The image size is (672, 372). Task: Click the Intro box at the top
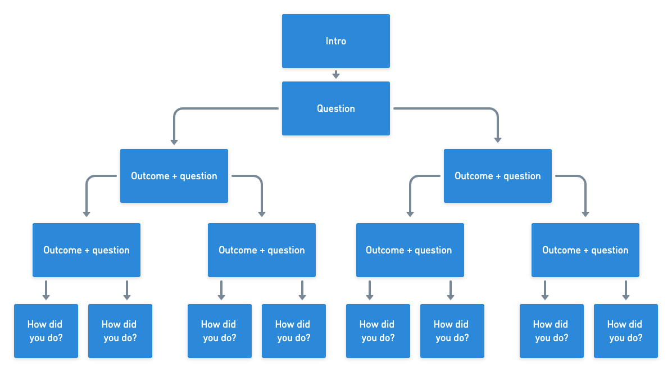tap(335, 41)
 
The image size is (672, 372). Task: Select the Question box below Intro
tap(335, 108)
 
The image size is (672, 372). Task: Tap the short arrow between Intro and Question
tap(335, 75)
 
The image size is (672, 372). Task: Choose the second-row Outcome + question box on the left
tap(174, 176)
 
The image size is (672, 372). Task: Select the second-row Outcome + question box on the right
tap(497, 176)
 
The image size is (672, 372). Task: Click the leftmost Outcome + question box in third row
tap(86, 250)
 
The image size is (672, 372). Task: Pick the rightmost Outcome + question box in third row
tap(585, 250)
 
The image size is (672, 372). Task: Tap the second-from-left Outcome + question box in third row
tap(261, 250)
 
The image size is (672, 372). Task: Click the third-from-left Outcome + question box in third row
tap(410, 250)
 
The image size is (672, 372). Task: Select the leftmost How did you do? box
tap(46, 331)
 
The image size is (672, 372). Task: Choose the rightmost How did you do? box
tap(625, 331)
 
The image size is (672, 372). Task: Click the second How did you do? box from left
tap(120, 331)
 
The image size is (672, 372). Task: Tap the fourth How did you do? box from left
tap(293, 331)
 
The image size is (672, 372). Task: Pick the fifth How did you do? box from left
tap(378, 331)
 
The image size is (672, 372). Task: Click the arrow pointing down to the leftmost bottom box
tap(46, 290)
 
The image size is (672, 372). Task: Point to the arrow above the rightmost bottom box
tap(625, 290)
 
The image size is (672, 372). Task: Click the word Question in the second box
tap(335, 108)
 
